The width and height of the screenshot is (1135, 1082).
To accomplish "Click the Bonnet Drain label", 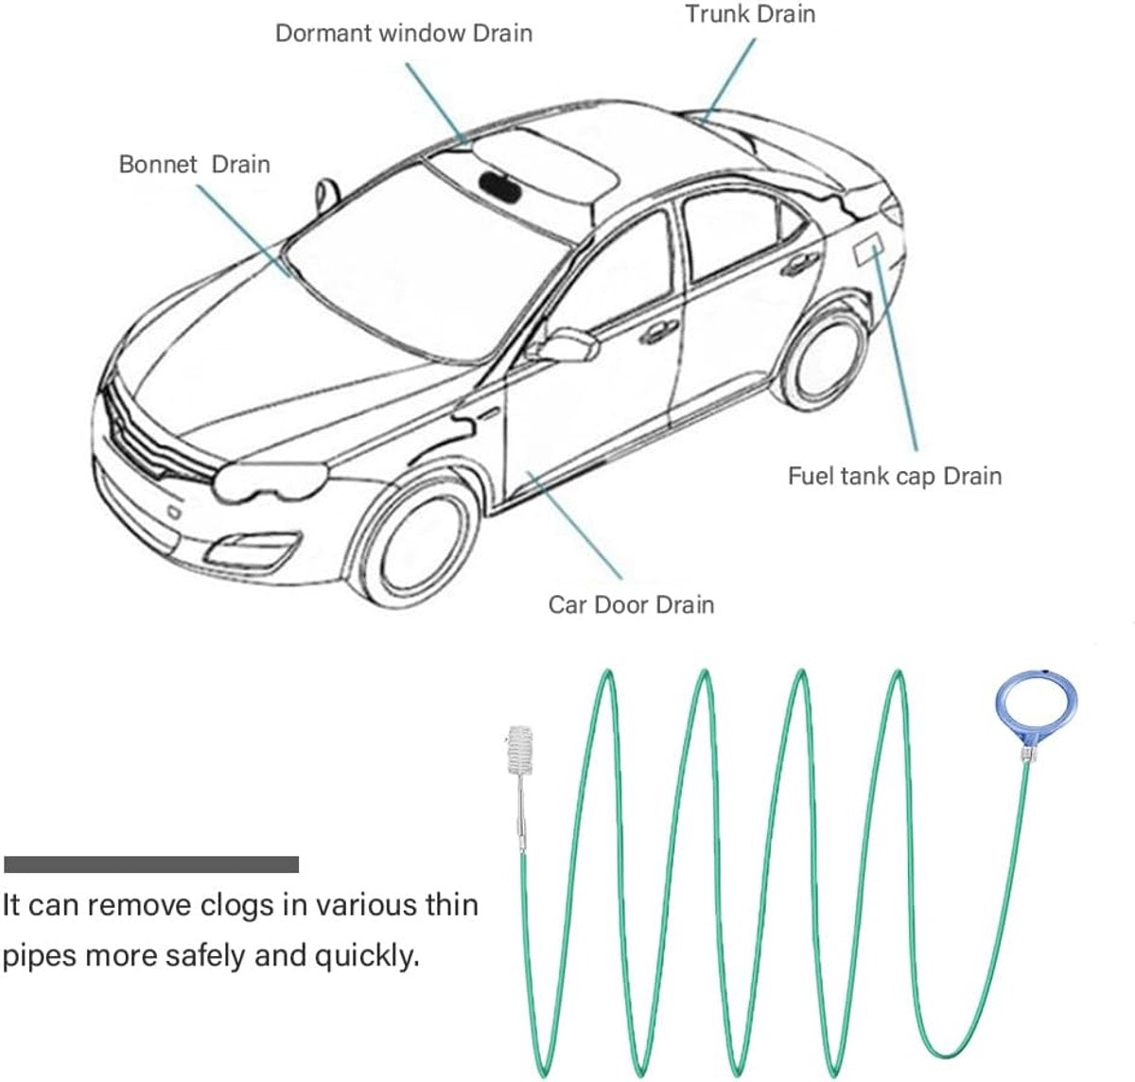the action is click(x=195, y=165).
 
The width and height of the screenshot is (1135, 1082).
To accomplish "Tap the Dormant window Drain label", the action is click(x=404, y=33).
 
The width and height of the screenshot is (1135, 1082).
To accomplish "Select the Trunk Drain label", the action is click(x=750, y=14).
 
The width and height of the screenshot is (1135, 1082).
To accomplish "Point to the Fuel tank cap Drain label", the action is click(x=895, y=477).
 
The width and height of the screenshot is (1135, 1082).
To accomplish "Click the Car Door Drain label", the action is click(x=631, y=605).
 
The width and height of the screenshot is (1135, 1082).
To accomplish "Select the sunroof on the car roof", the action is click(x=546, y=166).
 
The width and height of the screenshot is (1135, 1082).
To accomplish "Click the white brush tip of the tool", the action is click(x=519, y=749).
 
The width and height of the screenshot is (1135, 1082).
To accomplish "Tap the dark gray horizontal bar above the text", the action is click(x=151, y=864).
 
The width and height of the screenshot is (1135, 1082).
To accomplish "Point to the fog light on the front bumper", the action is click(x=254, y=548).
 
